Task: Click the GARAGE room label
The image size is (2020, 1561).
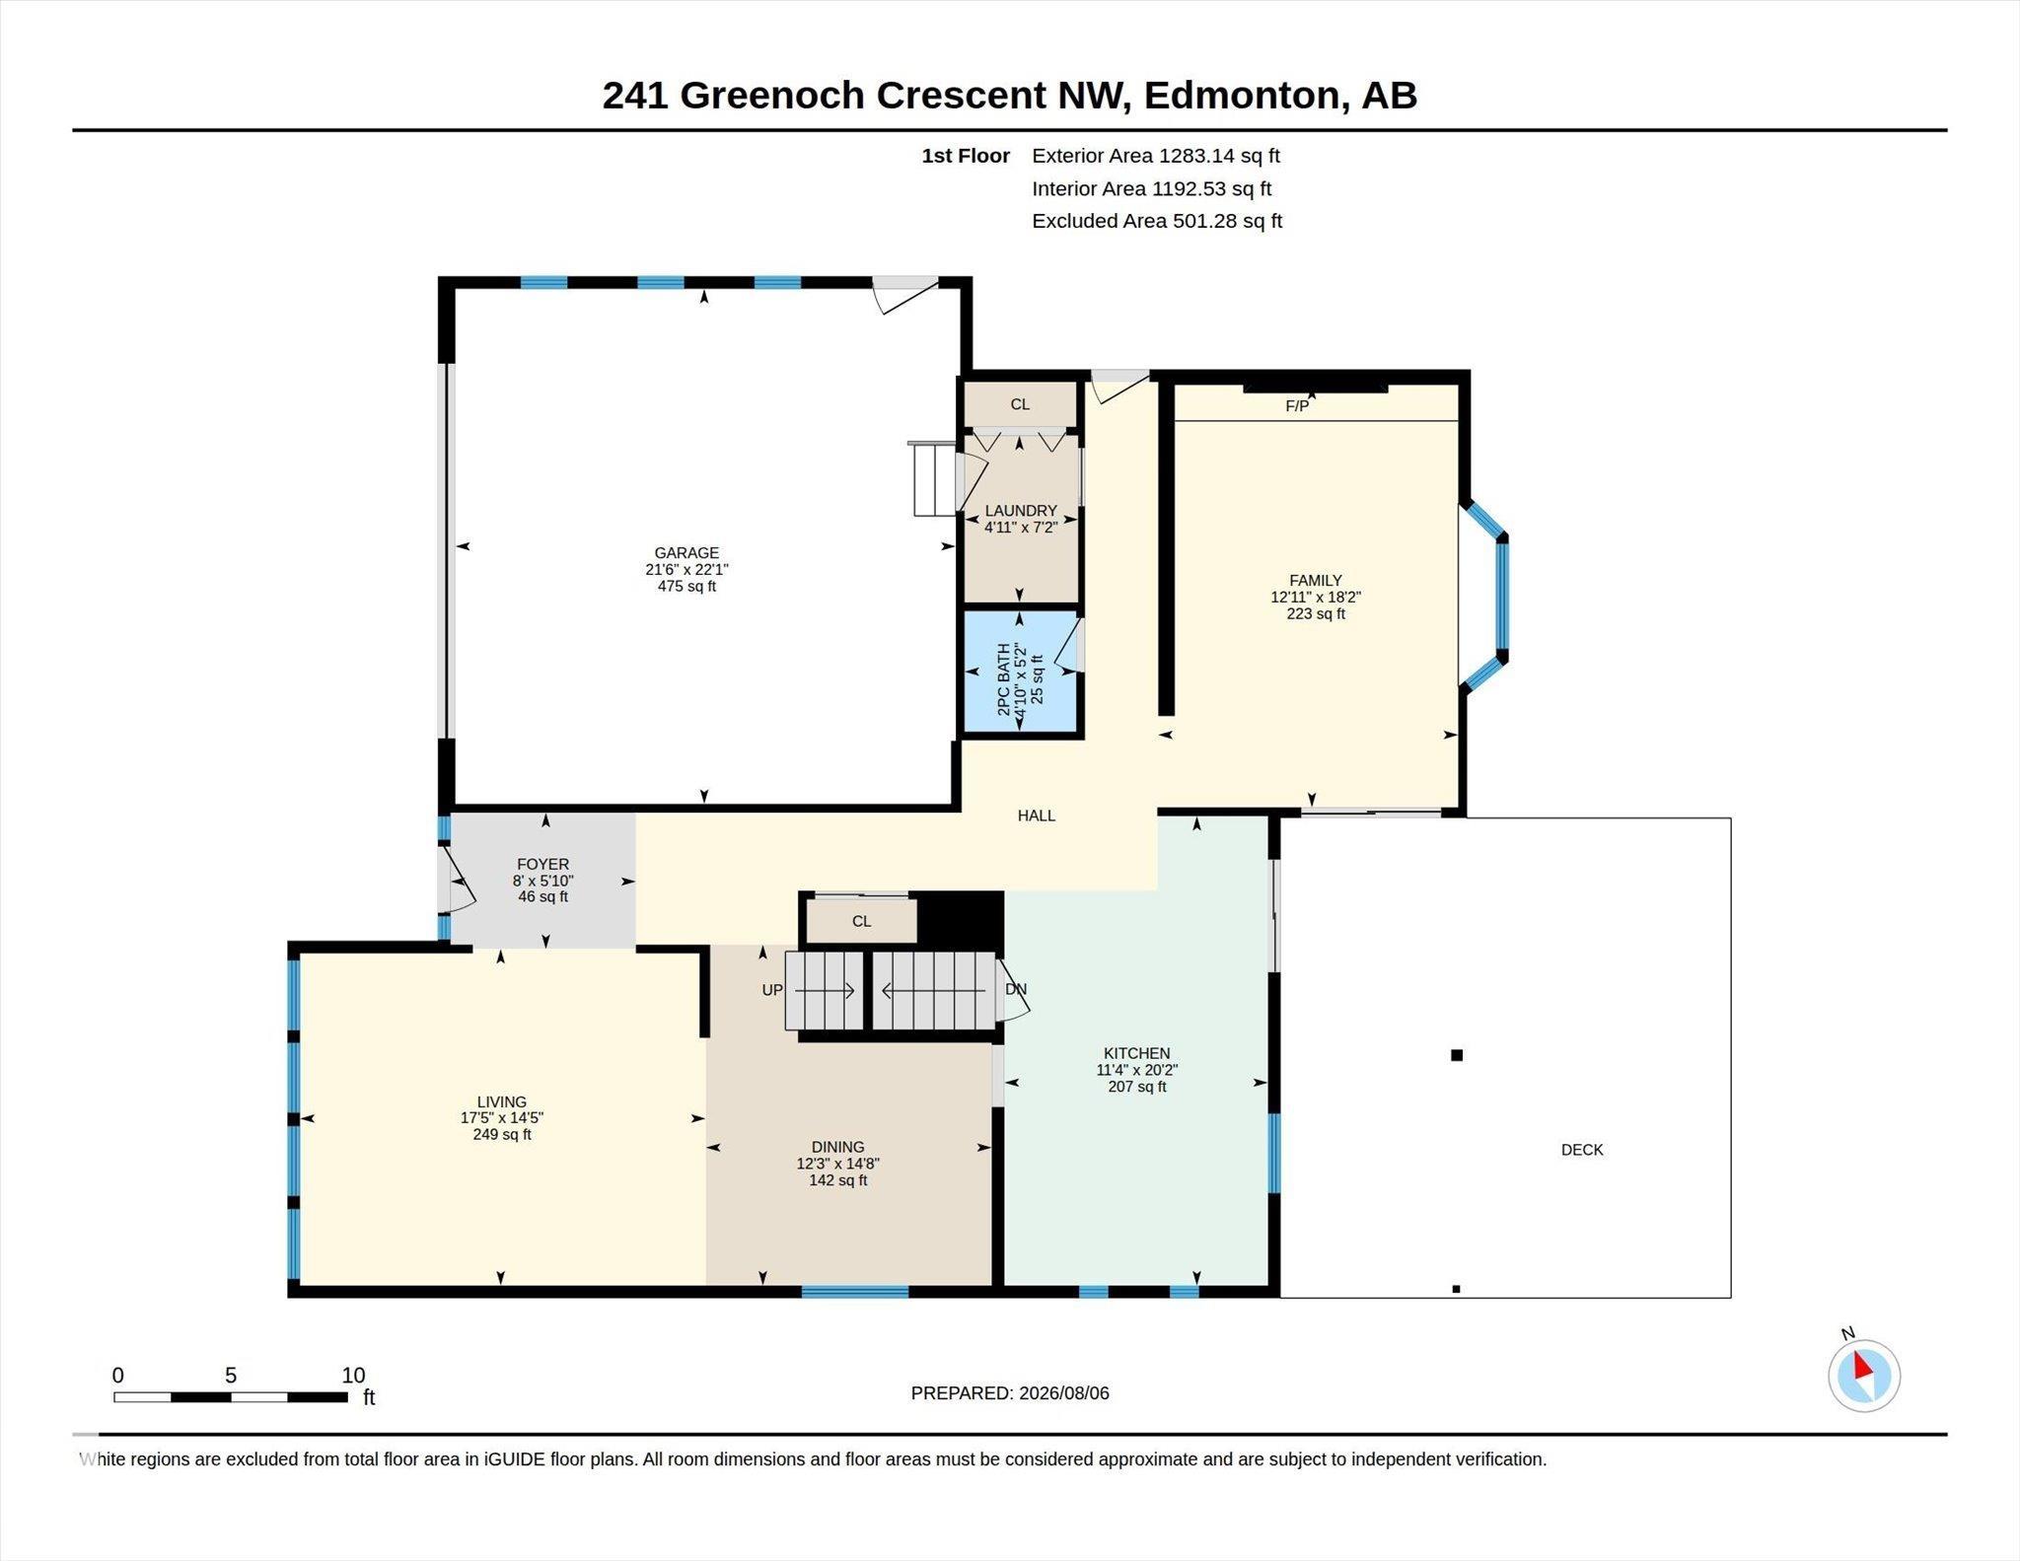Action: coord(686,553)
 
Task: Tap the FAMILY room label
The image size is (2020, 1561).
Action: coord(1315,581)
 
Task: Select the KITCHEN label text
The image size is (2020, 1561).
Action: coord(1136,1053)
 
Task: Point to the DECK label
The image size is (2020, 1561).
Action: coord(1582,1150)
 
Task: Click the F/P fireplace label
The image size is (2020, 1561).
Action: coord(1297,406)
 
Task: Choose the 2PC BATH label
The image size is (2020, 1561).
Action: coord(1004,679)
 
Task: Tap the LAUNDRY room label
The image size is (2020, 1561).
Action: coord(1021,511)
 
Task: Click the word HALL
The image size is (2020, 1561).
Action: coord(1037,816)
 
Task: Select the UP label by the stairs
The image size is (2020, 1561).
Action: coord(772,990)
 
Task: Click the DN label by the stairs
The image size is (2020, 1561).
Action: coord(1016,989)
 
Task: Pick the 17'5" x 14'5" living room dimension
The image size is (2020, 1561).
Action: coord(502,1118)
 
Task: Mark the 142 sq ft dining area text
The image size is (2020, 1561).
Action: coord(838,1180)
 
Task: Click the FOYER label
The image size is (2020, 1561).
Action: coord(542,864)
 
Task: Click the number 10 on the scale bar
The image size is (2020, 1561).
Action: coord(353,1376)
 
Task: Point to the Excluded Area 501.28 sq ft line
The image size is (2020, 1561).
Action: coord(1157,221)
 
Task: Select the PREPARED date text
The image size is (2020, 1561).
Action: coord(1010,1393)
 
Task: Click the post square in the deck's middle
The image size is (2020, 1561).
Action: coord(1457,1055)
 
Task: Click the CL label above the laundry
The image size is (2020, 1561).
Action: coord(1020,404)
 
